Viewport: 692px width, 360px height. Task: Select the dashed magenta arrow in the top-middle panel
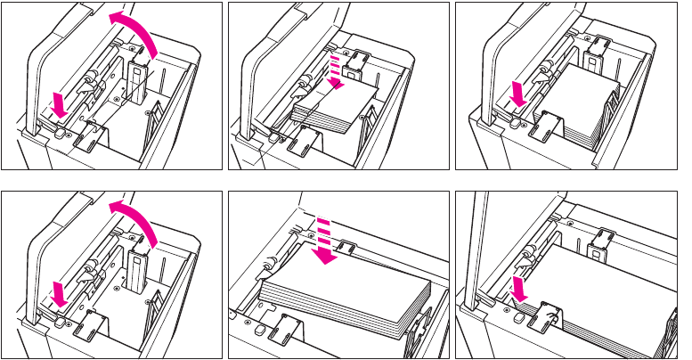pos(336,72)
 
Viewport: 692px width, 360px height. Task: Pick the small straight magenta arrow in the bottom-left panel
pos(59,295)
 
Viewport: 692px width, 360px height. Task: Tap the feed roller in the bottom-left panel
pos(88,270)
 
